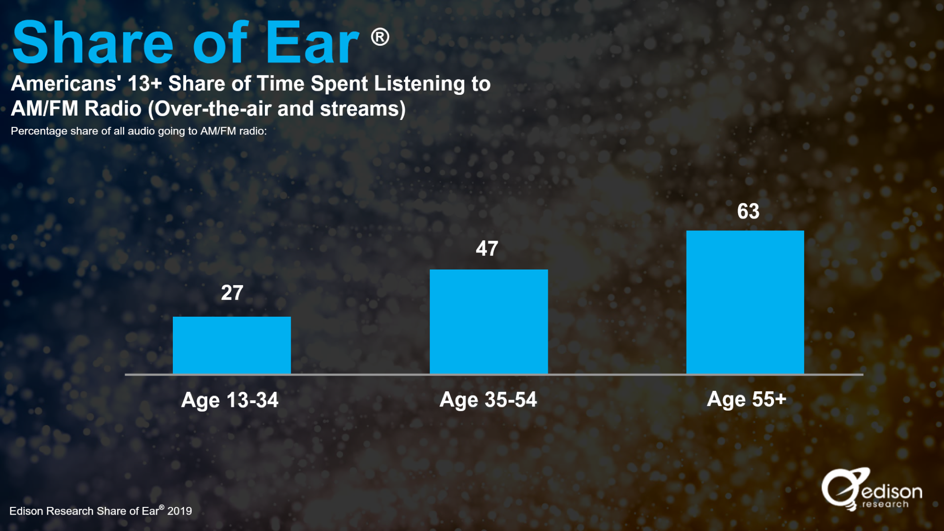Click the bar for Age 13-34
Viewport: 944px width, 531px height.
click(x=231, y=345)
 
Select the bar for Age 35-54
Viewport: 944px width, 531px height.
click(x=488, y=321)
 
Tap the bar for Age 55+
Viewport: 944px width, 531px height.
click(x=745, y=302)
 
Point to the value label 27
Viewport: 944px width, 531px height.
click(x=232, y=293)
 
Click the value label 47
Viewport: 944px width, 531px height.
click(x=487, y=249)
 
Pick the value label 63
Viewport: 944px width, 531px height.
click(x=748, y=211)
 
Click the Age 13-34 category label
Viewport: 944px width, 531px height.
click(x=230, y=400)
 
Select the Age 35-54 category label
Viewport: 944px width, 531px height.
click(x=488, y=400)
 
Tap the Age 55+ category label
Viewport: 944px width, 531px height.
click(x=746, y=399)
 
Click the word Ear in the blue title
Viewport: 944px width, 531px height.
click(x=312, y=43)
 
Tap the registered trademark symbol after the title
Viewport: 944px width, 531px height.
click(x=380, y=37)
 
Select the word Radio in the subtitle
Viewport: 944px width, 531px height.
click(x=113, y=109)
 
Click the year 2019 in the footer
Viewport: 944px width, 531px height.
click(x=179, y=511)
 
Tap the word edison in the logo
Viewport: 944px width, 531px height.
click(x=892, y=492)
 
